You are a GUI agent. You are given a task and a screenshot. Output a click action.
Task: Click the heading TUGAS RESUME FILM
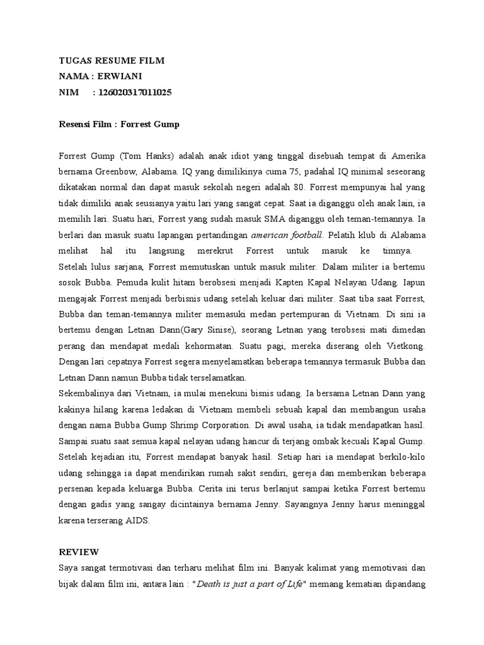[111, 60]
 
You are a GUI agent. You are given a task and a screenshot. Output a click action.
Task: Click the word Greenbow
[110, 171]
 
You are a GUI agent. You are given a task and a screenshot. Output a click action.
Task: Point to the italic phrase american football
[287, 235]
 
